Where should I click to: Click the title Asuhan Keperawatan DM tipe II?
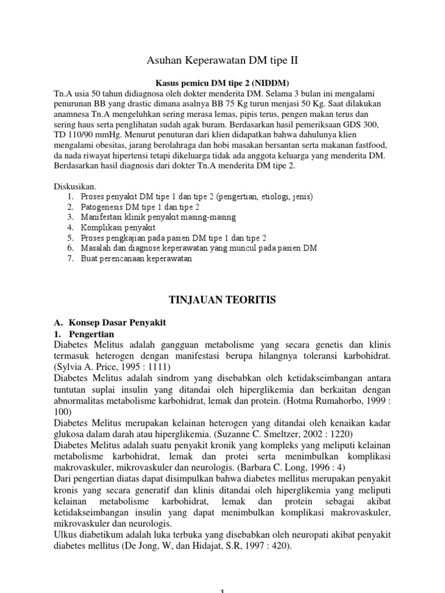tap(222, 60)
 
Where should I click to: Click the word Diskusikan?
tap(74, 187)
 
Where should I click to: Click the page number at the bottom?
tap(222, 590)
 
